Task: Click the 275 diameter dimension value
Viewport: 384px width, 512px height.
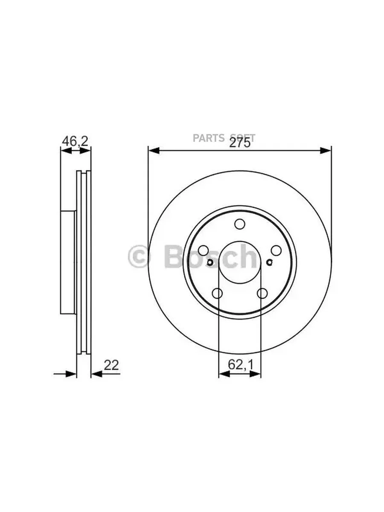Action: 239,143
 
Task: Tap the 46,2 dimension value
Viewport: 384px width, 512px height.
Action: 75,141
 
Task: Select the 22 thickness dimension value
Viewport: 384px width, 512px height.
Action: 111,365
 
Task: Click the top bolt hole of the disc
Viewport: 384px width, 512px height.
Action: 240,224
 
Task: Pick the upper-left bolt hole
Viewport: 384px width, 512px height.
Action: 204,250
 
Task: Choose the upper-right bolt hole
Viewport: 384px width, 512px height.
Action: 276,250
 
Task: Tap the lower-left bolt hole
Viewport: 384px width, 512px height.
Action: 217,293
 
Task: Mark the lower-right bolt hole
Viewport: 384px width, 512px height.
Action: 262,293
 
